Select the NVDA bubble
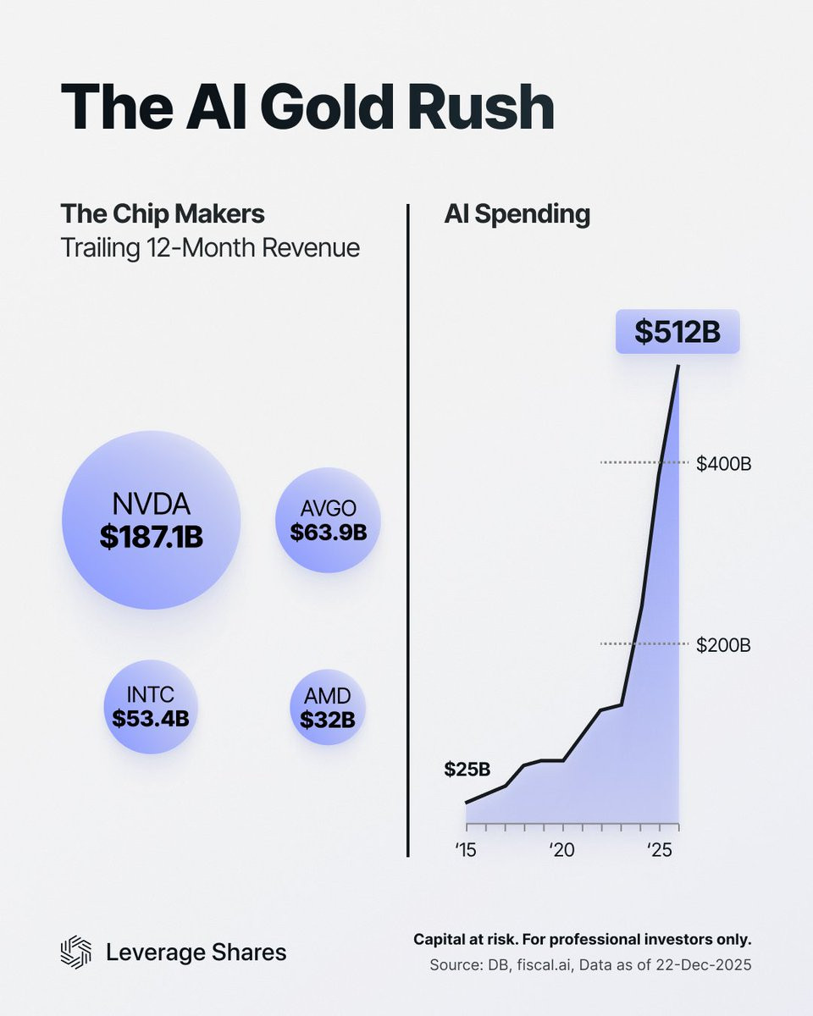(x=152, y=520)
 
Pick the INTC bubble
(x=151, y=707)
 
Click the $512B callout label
(x=677, y=332)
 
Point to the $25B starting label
(x=467, y=770)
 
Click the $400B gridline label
(x=724, y=463)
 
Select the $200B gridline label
(x=724, y=645)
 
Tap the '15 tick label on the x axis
(x=465, y=848)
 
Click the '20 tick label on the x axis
(x=563, y=848)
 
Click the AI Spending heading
(x=517, y=214)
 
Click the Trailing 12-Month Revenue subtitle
(x=210, y=248)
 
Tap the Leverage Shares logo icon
(x=75, y=952)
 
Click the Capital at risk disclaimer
(x=582, y=940)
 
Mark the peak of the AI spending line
(x=678, y=366)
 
